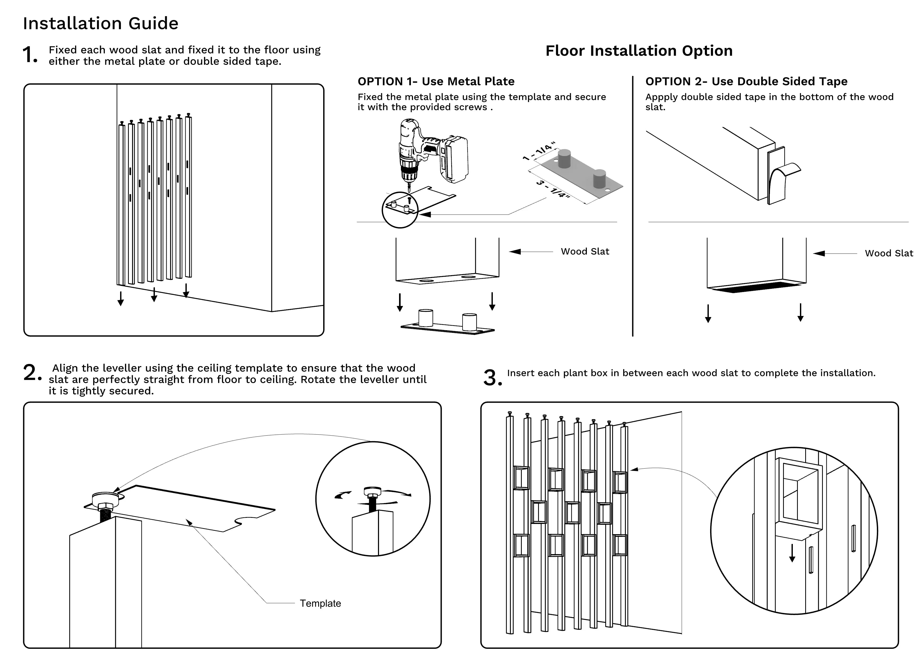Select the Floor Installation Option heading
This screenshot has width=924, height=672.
639,51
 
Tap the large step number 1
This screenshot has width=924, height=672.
30,55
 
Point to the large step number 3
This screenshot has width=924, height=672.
492,378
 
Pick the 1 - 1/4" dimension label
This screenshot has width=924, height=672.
539,151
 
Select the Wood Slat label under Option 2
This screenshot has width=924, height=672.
888,254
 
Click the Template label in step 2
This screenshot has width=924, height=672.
320,603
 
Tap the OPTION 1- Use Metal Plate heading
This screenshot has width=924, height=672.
436,81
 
